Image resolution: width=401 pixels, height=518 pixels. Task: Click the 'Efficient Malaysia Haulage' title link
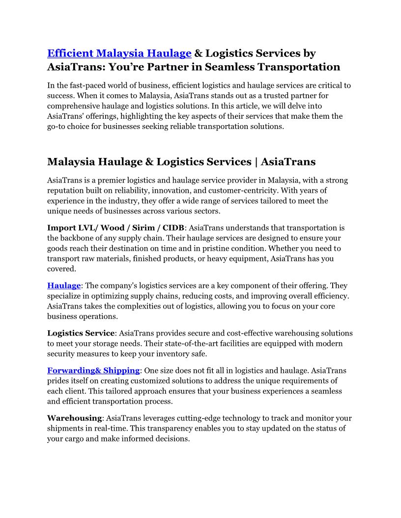coord(119,53)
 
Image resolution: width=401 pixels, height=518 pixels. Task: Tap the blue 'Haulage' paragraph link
coord(64,285)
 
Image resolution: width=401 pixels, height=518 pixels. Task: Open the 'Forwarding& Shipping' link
coord(93,370)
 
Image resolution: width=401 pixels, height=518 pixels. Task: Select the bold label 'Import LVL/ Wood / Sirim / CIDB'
coord(115,228)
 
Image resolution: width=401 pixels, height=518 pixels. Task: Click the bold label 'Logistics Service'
coord(81,333)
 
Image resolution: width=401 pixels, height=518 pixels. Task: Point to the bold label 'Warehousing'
coord(74,418)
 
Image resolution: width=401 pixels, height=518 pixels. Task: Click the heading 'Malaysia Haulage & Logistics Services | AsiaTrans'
coord(181,162)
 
